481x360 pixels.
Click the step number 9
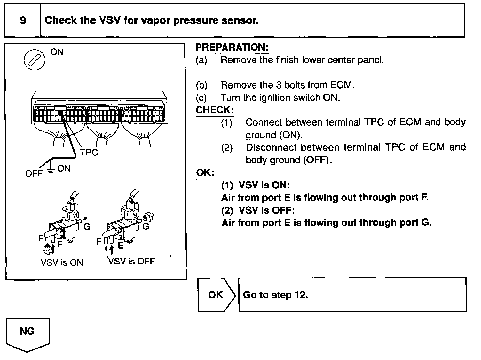[23, 21]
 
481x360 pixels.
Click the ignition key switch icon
[35, 59]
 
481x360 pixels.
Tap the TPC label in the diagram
[89, 153]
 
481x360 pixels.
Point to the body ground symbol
[51, 169]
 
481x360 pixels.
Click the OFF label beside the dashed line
[34, 174]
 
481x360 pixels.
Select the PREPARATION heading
[232, 48]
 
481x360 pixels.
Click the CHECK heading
[215, 110]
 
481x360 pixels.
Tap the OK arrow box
[216, 295]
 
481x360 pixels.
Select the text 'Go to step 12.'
[275, 295]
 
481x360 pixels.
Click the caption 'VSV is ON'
[62, 262]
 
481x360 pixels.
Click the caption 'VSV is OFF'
[132, 261]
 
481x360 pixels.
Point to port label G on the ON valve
[87, 227]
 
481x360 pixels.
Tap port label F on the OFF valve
[99, 241]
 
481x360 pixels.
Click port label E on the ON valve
[60, 245]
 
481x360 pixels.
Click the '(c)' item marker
[201, 98]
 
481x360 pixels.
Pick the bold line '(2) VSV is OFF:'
[258, 210]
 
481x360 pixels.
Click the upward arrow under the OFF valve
[111, 250]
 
